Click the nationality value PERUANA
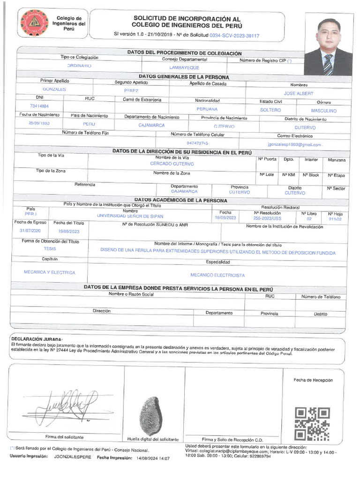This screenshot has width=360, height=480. point(208,109)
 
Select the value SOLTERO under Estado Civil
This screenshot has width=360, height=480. point(270,110)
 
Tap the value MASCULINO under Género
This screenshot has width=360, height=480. point(324,111)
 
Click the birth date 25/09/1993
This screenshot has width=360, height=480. point(39,123)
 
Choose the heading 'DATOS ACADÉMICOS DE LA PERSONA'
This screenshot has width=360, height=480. point(181,200)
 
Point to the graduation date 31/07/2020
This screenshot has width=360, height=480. point(30,231)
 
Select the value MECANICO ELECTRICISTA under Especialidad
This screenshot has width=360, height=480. point(217,275)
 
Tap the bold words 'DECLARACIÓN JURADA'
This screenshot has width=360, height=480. point(36,339)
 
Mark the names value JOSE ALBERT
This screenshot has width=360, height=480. point(299,93)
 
